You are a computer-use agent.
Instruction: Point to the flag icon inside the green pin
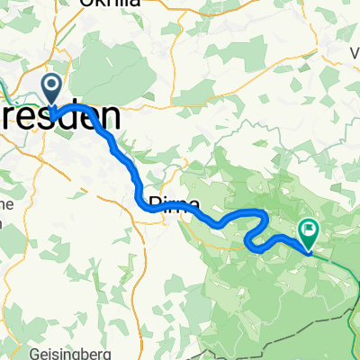(x=309, y=230)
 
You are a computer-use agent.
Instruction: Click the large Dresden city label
(x=63, y=118)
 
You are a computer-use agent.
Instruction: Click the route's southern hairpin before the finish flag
(x=250, y=240)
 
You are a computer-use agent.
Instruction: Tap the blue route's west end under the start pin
(x=53, y=116)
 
